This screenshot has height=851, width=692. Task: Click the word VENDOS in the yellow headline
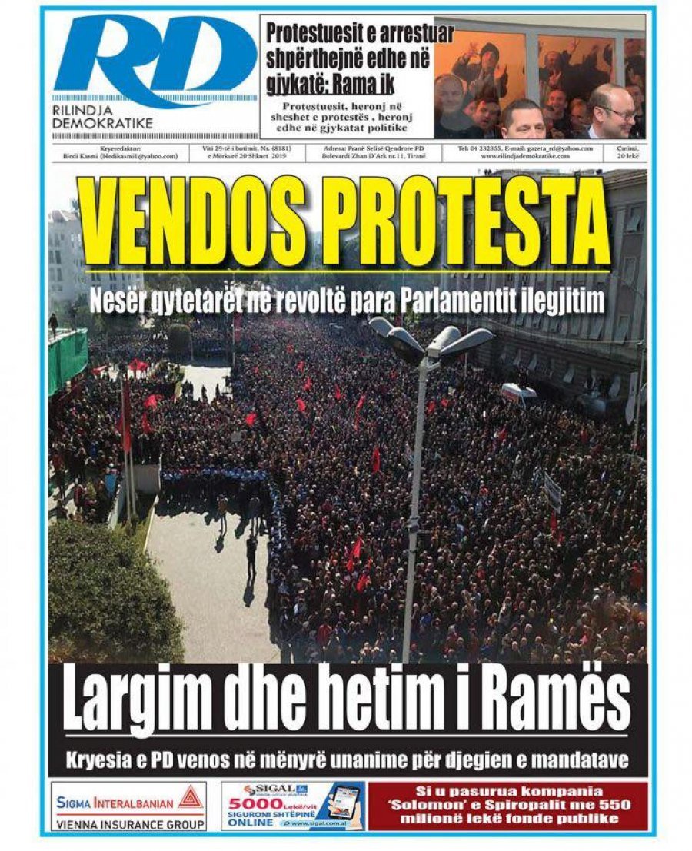tap(196, 224)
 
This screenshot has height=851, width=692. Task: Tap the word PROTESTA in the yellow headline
tap(469, 224)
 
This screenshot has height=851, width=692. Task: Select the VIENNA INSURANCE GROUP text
tap(129, 823)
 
